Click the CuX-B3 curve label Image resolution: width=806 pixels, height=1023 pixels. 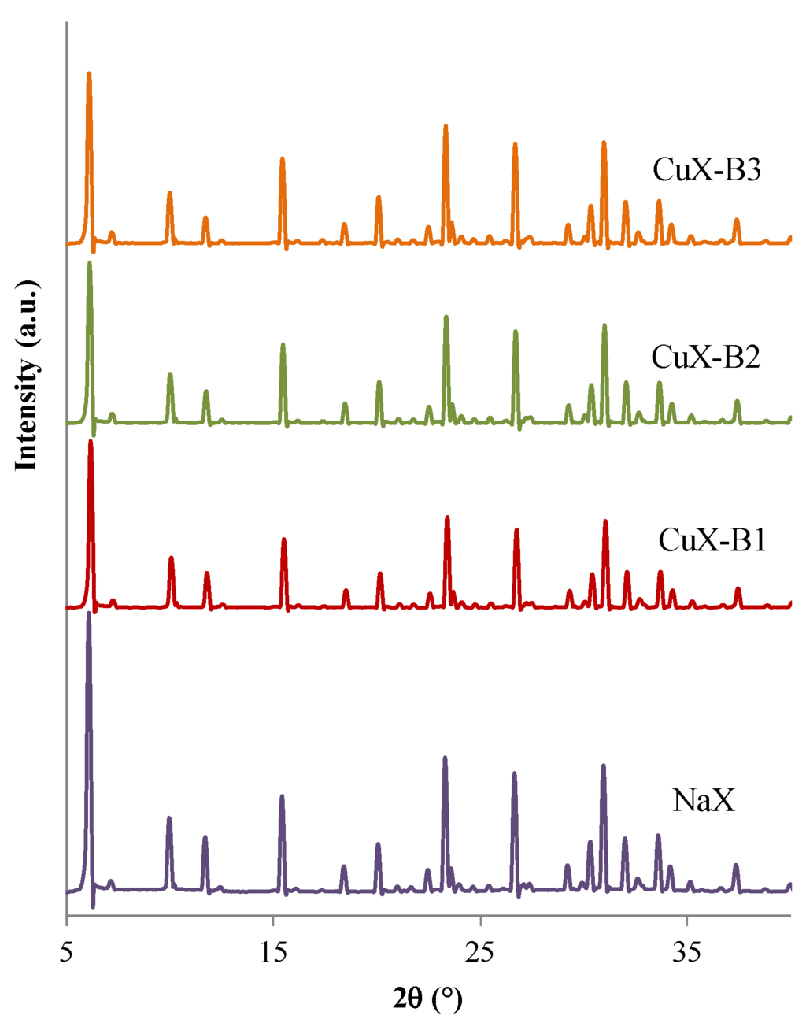pos(707,170)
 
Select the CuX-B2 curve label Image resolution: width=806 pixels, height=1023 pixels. pos(705,358)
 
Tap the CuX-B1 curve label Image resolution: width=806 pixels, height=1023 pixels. pos(712,541)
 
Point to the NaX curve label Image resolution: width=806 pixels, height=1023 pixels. pos(704,801)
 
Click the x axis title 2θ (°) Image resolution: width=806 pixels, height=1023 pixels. pos(427,1000)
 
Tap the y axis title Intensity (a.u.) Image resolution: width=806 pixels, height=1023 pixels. pos(27,374)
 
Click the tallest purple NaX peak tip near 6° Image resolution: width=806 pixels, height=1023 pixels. pos(88,614)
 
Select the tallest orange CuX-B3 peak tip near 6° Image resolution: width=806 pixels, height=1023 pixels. pos(89,74)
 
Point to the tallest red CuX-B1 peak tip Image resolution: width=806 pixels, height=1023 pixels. pos(91,442)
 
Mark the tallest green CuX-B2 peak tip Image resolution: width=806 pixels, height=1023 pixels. pos(90,263)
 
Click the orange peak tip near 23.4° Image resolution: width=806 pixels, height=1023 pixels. pos(446,126)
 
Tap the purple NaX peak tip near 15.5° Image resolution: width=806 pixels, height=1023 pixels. pos(282,797)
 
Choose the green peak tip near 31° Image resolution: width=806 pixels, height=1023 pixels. pos(604,325)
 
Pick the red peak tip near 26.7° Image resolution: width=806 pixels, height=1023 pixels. pos(516,530)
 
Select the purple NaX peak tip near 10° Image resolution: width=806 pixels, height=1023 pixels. pos(169,818)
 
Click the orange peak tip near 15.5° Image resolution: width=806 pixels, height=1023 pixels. pos(282,159)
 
